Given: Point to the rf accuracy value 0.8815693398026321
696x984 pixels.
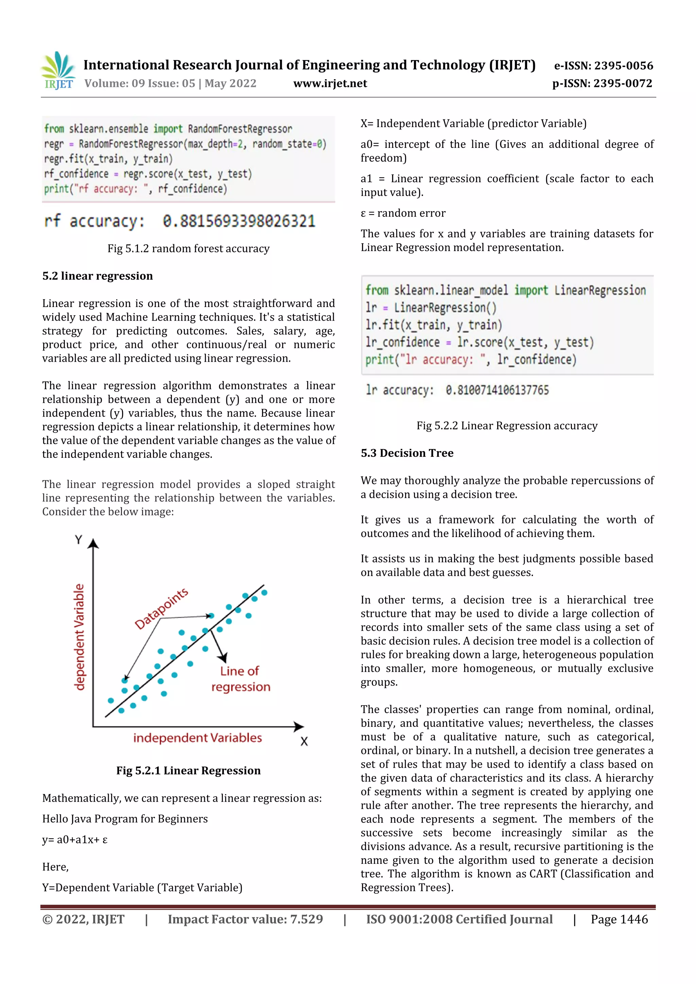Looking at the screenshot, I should [x=239, y=221].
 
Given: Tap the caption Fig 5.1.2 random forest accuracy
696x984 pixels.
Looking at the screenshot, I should [x=188, y=249].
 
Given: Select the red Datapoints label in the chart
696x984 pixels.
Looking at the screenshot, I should [x=161, y=609].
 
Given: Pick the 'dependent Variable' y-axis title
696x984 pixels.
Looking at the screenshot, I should [x=79, y=637].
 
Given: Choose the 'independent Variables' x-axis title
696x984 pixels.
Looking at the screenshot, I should [x=197, y=737].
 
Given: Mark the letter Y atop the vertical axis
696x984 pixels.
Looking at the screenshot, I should [x=79, y=540].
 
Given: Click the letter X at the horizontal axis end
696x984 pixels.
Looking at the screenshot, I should [x=304, y=741].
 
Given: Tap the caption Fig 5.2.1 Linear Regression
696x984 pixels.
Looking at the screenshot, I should [x=188, y=771].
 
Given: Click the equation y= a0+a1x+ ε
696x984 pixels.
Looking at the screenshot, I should [x=75, y=840].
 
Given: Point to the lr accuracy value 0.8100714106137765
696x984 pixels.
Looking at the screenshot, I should [x=497, y=390].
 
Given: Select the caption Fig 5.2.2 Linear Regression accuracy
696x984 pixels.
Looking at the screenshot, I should [x=507, y=426].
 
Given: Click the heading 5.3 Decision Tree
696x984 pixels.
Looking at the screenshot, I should [x=407, y=453].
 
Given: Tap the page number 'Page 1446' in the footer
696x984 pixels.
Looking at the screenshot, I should [x=619, y=919].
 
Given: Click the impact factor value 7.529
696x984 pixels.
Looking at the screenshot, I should [x=307, y=919].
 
